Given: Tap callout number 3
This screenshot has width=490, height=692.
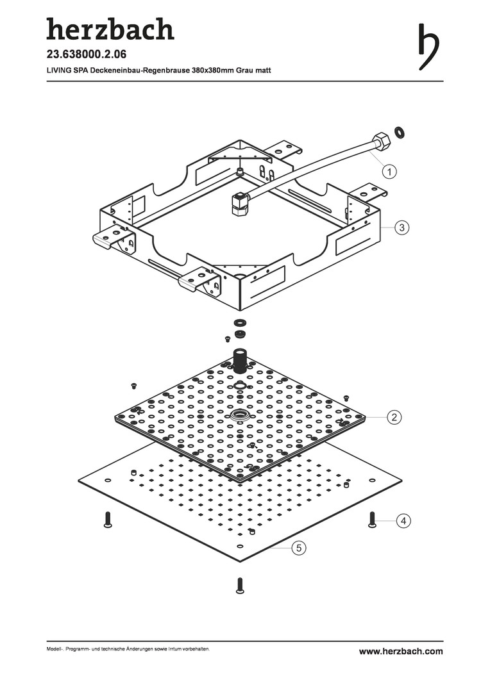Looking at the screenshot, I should tap(401, 227).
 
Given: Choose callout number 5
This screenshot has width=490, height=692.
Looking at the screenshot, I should tap(300, 548).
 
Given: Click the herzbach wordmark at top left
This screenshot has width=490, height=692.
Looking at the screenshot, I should tap(110, 29).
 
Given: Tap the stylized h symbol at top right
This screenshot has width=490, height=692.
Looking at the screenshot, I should tap(430, 46).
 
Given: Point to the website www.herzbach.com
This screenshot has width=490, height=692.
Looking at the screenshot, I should tap(401, 651).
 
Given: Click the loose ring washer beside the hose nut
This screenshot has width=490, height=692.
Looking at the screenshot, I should tap(400, 133).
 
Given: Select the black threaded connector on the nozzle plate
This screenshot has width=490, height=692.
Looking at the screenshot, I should tap(241, 360).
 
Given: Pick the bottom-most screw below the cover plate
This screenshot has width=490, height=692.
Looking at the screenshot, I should tap(240, 586).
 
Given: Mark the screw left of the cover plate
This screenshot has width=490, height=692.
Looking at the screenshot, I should tap(108, 520).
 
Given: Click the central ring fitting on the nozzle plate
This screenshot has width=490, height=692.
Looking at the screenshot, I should tap(241, 415).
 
